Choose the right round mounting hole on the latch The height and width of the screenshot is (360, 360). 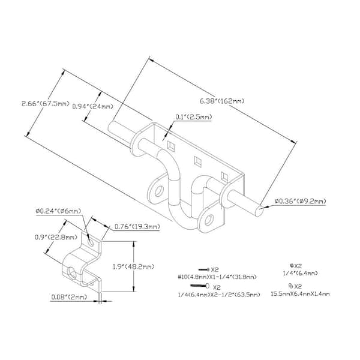click(209, 220)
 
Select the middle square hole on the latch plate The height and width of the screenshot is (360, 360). click(197, 160)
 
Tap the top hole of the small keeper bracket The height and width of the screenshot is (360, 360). click(91, 243)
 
